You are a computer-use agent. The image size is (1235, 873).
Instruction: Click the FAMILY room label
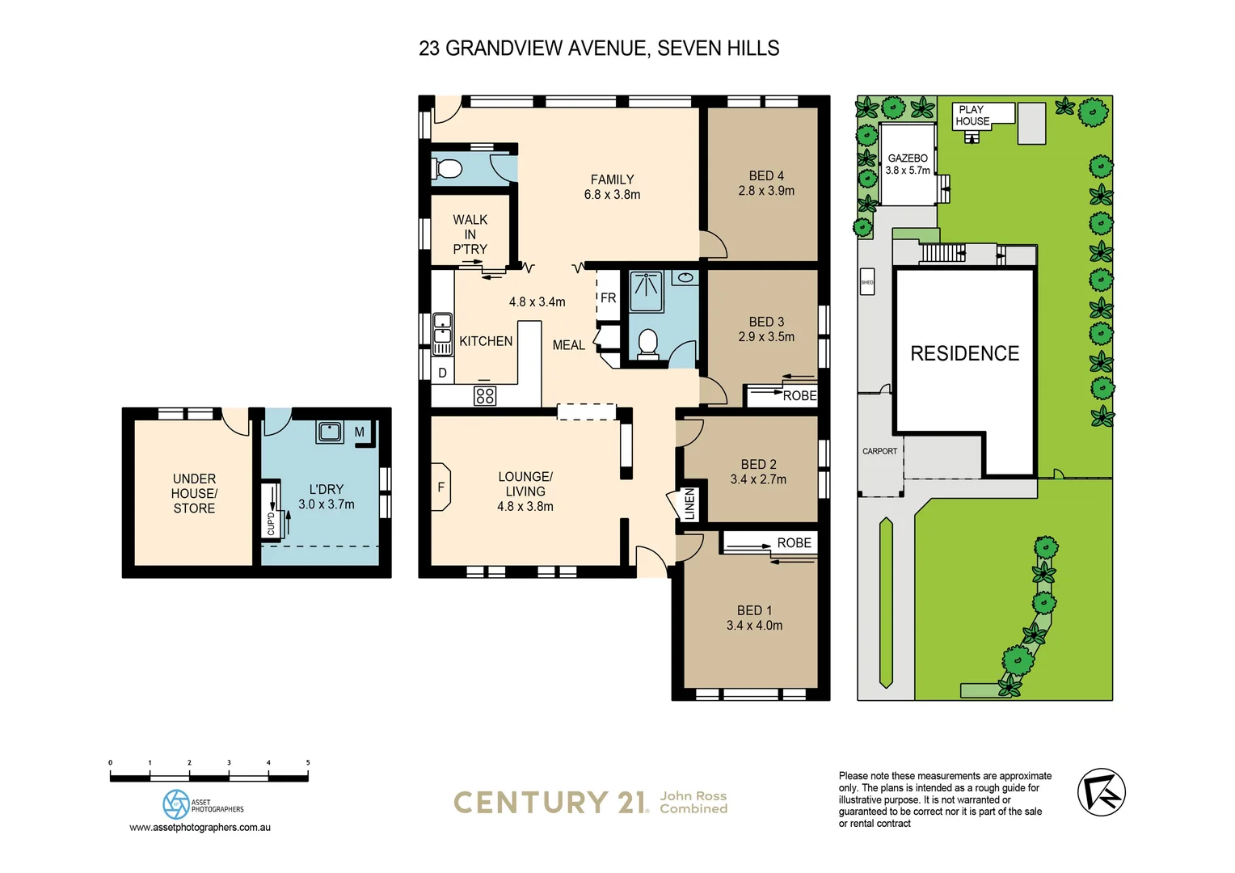click(612, 179)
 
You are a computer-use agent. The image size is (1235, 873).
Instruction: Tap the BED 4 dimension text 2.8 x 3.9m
click(765, 191)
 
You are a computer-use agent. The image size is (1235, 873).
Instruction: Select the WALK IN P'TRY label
click(470, 234)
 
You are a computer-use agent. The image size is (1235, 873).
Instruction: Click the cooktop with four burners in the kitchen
click(485, 396)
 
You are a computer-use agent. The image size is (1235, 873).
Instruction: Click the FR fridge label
click(608, 298)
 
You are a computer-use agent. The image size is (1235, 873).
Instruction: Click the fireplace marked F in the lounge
click(440, 487)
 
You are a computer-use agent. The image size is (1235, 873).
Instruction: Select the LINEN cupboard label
click(689, 504)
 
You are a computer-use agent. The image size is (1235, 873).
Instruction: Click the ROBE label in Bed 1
click(794, 543)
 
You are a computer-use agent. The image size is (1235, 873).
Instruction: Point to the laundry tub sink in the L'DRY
click(330, 431)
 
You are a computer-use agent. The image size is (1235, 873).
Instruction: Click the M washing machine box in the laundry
click(360, 432)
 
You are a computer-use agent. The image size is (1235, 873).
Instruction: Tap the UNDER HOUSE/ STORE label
click(194, 493)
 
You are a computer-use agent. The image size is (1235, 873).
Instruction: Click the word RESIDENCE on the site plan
click(964, 354)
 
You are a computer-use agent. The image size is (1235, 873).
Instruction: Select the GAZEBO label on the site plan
click(908, 158)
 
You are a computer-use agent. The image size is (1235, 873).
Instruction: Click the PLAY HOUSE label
click(972, 116)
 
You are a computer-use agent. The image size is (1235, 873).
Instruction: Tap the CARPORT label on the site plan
click(879, 451)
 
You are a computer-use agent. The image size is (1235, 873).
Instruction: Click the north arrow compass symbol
click(1101, 792)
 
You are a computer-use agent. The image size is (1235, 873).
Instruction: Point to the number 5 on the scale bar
click(308, 762)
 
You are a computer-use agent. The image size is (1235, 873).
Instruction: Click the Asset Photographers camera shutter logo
click(175, 804)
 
